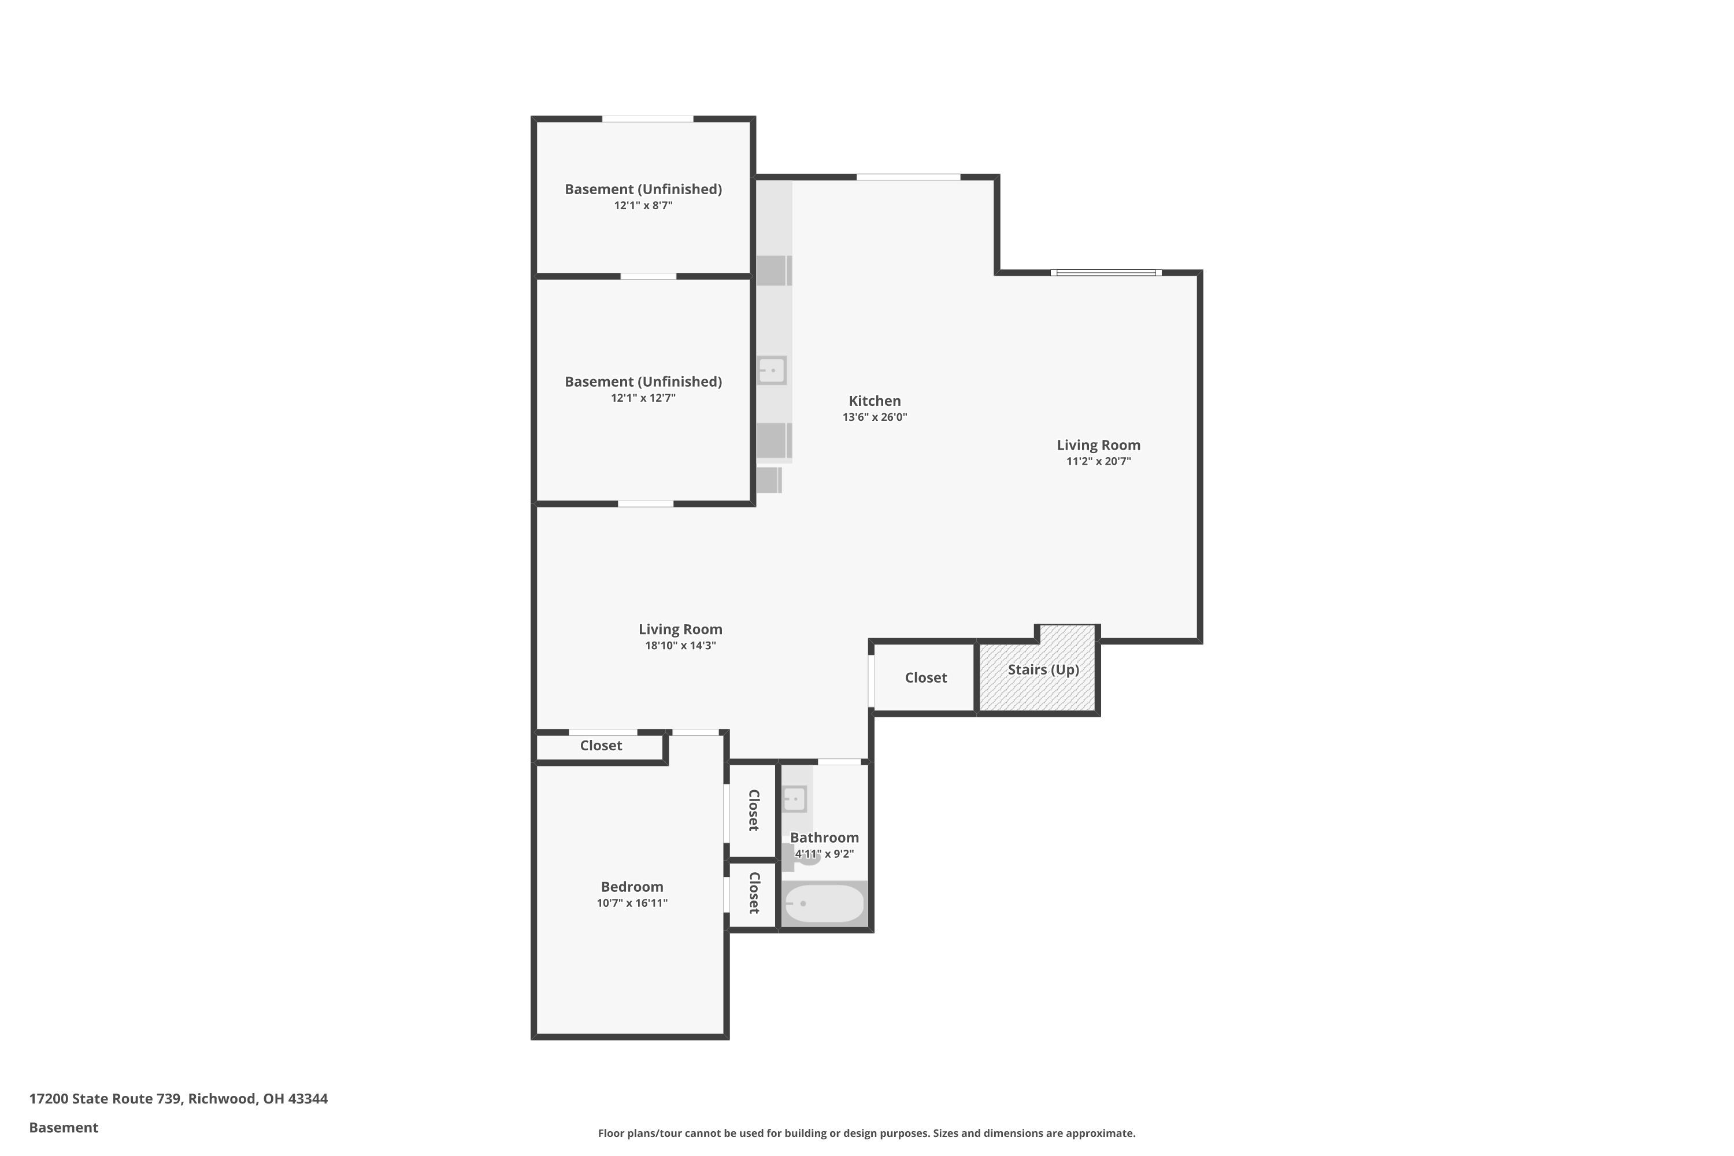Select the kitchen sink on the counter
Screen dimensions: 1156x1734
point(772,370)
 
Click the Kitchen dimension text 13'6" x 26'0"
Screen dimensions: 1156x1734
point(875,417)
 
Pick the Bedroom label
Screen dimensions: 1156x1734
point(632,887)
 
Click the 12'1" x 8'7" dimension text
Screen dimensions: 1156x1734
point(643,206)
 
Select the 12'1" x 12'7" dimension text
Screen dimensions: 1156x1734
point(643,398)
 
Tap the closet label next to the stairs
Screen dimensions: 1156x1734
point(925,677)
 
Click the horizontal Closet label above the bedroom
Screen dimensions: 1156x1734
point(601,746)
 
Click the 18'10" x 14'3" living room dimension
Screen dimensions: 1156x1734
point(680,646)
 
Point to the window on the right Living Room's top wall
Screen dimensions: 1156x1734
point(1106,273)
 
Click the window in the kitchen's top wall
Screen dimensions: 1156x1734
point(907,177)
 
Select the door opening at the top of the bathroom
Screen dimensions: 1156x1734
point(839,762)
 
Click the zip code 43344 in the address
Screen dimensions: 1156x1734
point(307,1099)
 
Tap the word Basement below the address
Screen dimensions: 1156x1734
point(64,1127)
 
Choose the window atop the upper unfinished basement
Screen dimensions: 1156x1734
point(647,118)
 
